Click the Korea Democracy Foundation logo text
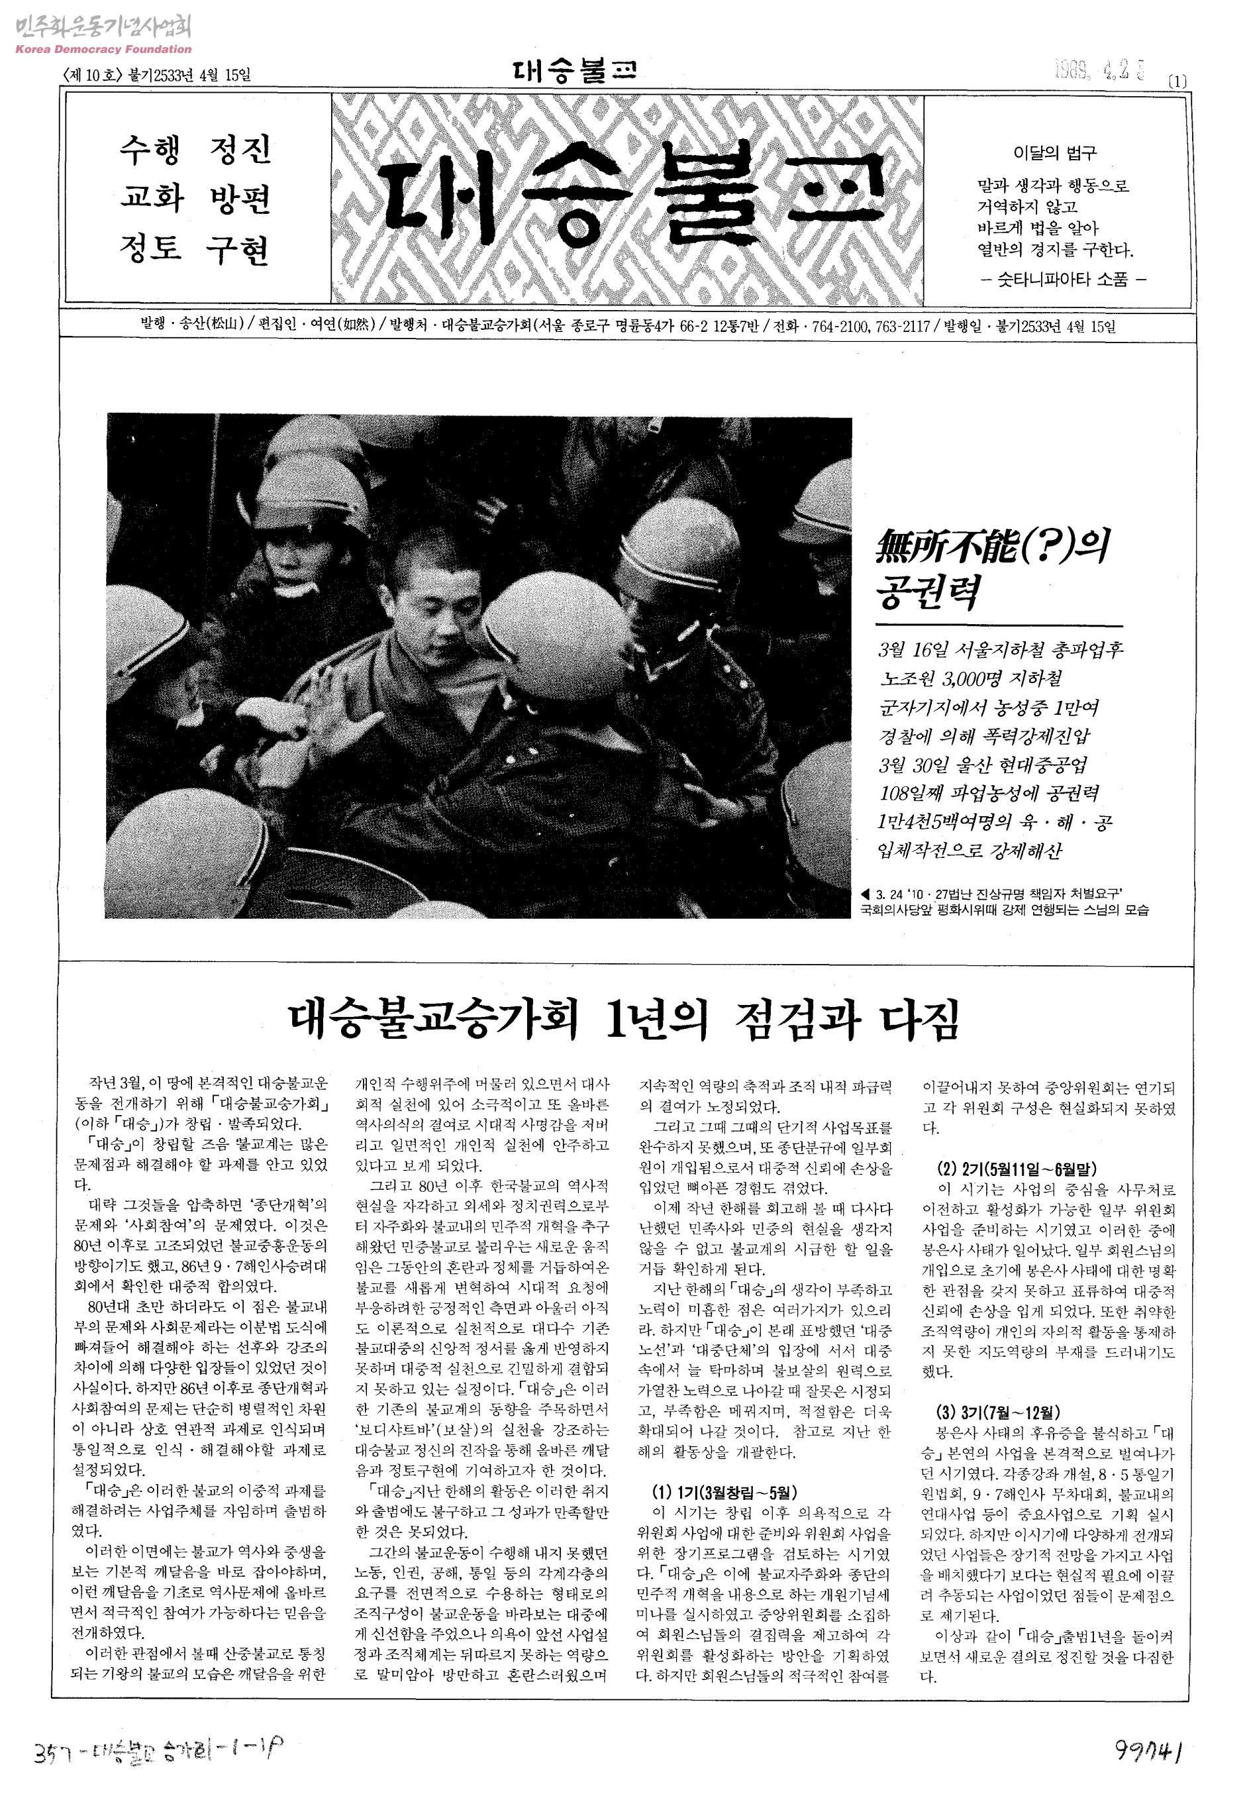point(103,48)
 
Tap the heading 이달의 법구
point(1054,153)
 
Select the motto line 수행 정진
point(195,148)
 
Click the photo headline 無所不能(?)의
point(992,547)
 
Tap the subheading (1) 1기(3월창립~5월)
point(724,1491)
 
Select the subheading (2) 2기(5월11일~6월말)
point(1016,1170)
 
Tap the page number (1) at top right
point(1177,81)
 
